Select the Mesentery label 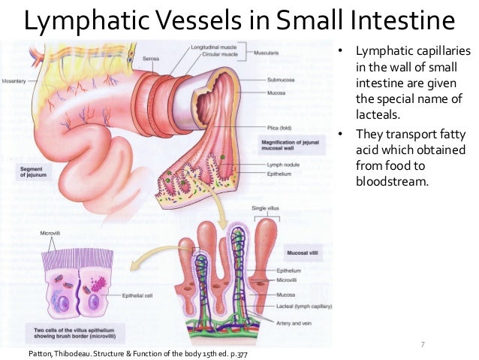point(14,80)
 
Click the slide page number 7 point(423,344)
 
